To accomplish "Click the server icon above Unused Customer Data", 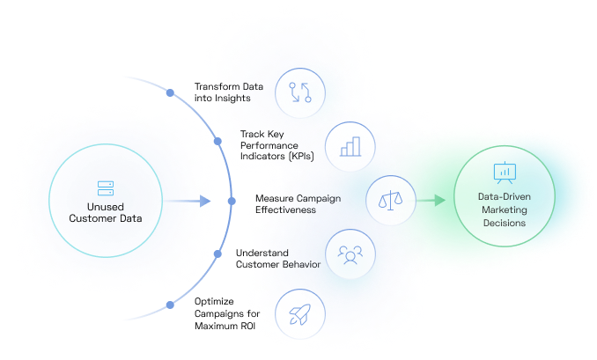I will click(106, 187).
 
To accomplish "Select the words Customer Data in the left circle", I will click(106, 219).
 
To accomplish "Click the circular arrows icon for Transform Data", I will click(301, 93).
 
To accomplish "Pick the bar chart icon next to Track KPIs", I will click(350, 145).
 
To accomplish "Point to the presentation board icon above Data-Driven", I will click(504, 173).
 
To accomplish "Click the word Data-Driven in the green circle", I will click(504, 198).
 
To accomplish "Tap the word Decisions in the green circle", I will click(504, 224).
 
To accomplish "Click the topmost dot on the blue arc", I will click(170, 92).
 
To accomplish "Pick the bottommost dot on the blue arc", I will click(170, 305).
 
